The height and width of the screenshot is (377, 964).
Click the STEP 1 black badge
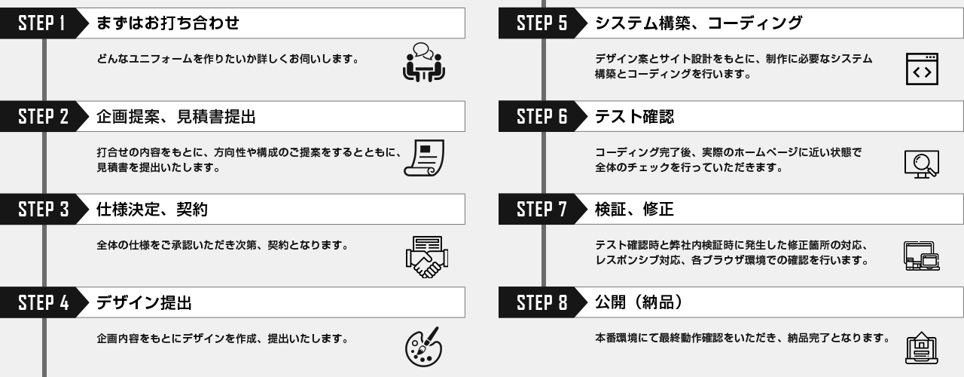click(44, 24)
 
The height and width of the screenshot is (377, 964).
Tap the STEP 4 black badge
click(44, 304)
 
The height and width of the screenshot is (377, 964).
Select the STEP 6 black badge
click(540, 117)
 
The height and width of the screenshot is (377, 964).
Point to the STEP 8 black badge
click(540, 304)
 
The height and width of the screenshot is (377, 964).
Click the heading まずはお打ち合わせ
click(168, 24)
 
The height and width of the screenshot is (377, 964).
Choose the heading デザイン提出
click(144, 304)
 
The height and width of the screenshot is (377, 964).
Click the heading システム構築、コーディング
click(698, 24)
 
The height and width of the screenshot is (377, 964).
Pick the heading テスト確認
click(634, 117)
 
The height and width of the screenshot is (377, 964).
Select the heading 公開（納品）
click(639, 304)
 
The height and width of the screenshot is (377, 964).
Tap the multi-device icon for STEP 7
click(921, 256)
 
